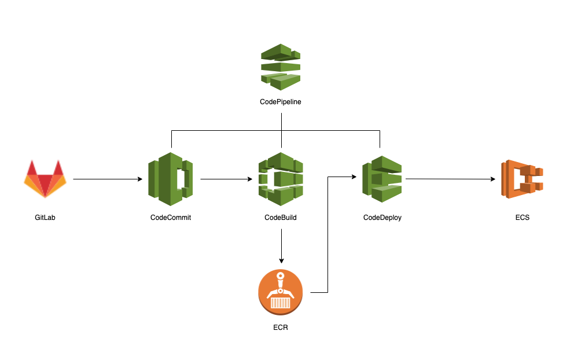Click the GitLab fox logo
(x=45, y=179)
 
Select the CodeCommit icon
(x=171, y=179)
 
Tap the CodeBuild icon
(x=281, y=179)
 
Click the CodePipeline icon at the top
(x=281, y=67)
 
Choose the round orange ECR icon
(x=281, y=292)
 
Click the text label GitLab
(x=45, y=218)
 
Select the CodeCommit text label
(x=171, y=218)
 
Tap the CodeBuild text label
(x=281, y=218)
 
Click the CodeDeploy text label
(x=382, y=218)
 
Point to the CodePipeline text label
(x=281, y=102)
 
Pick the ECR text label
(x=281, y=328)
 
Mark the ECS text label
(x=522, y=218)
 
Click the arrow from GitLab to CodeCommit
(x=108, y=179)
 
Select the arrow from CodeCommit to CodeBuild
(x=229, y=179)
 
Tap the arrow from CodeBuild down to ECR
(x=281, y=246)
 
